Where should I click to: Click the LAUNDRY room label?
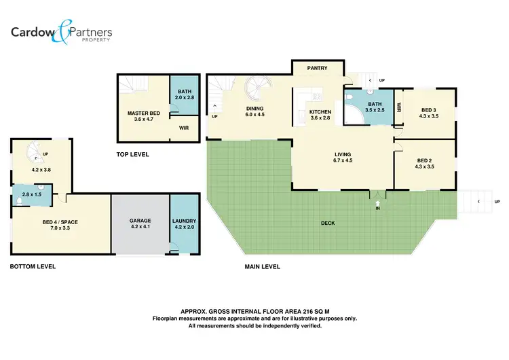tap(185, 221)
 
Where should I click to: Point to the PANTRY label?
tap(317, 68)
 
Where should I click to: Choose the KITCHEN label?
tap(320, 111)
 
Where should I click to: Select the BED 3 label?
tap(429, 110)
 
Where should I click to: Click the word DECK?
tap(329, 222)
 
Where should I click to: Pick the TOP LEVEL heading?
tap(133, 155)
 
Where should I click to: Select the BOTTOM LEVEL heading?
tap(33, 266)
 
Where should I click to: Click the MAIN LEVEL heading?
tap(262, 266)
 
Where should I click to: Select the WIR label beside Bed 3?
tap(400, 107)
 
